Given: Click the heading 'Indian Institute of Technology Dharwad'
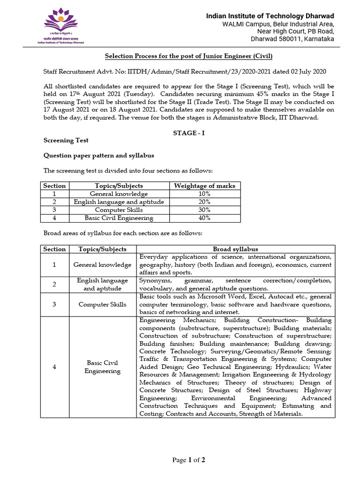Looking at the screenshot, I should click(x=270, y=16).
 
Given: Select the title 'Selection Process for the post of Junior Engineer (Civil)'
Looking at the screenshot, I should click(x=188, y=56).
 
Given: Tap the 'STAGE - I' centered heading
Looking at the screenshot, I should click(x=188, y=133).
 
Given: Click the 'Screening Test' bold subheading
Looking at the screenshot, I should click(x=66, y=140).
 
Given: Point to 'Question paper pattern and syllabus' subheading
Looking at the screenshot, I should click(x=99, y=155).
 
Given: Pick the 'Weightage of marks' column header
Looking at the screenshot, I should click(x=204, y=186).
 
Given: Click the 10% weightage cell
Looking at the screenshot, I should click(x=204, y=194).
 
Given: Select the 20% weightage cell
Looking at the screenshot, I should click(x=204, y=202).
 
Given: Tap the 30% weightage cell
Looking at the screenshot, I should click(x=204, y=210).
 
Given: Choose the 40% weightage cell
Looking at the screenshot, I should click(x=204, y=218).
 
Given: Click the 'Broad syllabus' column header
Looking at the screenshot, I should click(x=235, y=249).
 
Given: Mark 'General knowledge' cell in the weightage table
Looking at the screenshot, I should click(x=119, y=194).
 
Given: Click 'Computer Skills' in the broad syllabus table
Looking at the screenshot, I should click(x=102, y=304).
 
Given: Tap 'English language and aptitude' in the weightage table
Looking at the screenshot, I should click(x=119, y=202).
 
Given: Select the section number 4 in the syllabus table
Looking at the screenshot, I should click(x=54, y=367).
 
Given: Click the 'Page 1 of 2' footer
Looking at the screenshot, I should click(x=188, y=460).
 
